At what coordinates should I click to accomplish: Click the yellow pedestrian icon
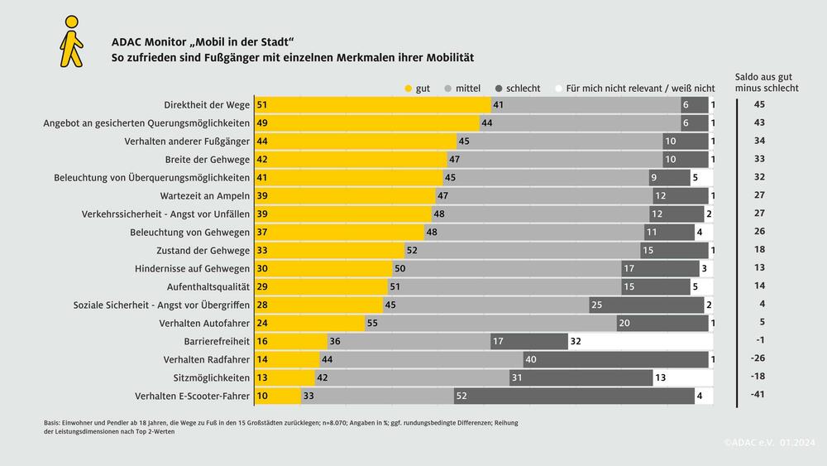click(72, 42)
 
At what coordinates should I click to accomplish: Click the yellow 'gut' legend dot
click(409, 87)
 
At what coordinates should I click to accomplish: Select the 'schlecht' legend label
click(523, 87)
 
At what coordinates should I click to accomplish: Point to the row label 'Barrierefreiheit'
click(217, 341)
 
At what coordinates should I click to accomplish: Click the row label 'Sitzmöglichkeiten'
click(212, 377)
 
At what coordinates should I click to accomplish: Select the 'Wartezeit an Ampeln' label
click(204, 195)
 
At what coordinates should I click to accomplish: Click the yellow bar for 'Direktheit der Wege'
click(373, 104)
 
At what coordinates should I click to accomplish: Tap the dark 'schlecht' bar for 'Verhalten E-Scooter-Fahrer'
click(574, 396)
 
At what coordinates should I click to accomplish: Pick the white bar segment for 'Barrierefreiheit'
click(640, 341)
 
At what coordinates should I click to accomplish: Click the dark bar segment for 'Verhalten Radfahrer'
click(615, 359)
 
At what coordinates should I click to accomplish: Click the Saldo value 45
click(760, 104)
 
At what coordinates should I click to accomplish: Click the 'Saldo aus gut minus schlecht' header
click(767, 82)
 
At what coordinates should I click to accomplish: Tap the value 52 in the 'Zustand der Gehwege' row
click(411, 250)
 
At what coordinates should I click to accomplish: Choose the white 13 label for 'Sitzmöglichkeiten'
click(660, 377)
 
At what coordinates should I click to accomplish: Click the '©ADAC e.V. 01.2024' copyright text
click(769, 443)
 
